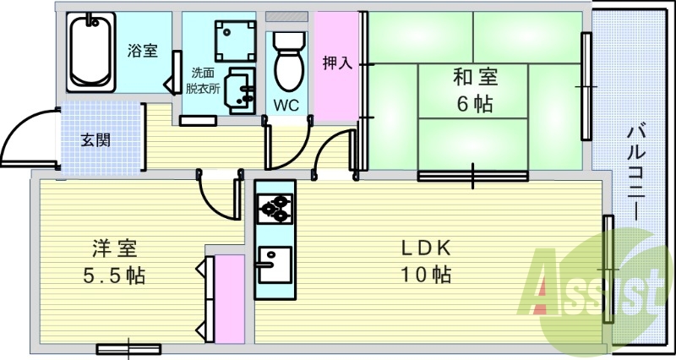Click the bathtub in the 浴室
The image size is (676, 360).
tap(91, 52)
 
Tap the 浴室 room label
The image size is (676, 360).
tap(142, 51)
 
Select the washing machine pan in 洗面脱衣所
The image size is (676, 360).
tap(236, 41)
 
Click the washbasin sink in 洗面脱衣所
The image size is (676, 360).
tap(241, 90)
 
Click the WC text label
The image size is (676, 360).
tap(286, 105)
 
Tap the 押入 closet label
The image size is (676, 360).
tap(337, 63)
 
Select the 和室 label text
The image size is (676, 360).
tap(475, 77)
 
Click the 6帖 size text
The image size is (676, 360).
tap(475, 103)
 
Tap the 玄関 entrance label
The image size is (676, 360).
tap(95, 140)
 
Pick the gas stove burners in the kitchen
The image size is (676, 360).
tap(275, 209)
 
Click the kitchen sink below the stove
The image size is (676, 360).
tap(275, 265)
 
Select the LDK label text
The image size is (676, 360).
tap(426, 248)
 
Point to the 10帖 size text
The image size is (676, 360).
tap(426, 274)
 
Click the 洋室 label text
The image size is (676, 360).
tap(115, 248)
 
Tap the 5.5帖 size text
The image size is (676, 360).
tap(114, 275)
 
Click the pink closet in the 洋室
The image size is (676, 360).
tap(230, 299)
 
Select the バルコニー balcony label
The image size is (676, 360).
tap(636, 173)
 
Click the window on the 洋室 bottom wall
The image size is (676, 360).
tap(128, 348)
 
